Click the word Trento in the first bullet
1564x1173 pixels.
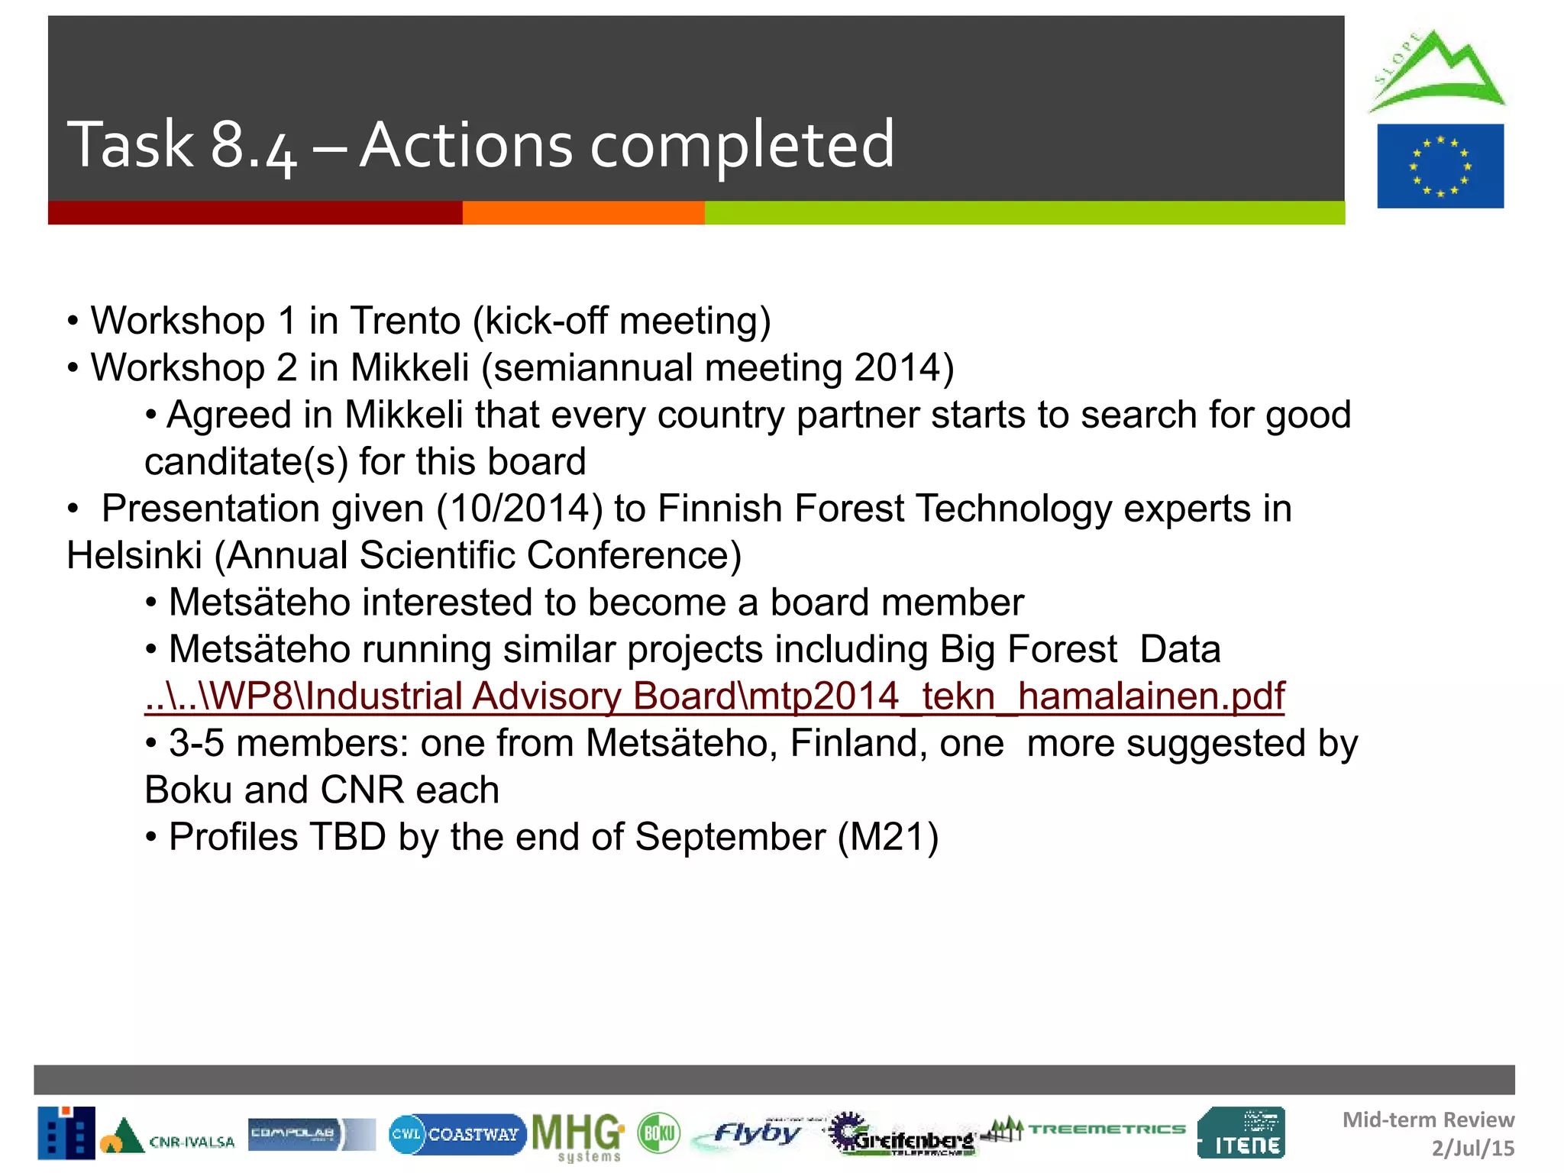click(x=405, y=321)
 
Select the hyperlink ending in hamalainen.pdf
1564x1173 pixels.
click(x=714, y=696)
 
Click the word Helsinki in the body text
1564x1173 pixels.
click(x=134, y=555)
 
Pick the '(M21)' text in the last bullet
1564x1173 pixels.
click(x=888, y=837)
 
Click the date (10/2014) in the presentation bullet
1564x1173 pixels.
click(x=519, y=509)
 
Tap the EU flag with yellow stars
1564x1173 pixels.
click(x=1440, y=166)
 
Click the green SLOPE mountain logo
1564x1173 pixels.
click(x=1436, y=73)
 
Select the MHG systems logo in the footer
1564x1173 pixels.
click(x=578, y=1136)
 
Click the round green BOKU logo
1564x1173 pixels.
click(x=658, y=1133)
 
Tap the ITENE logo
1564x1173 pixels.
click(x=1241, y=1133)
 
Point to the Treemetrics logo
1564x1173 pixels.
click(x=1088, y=1129)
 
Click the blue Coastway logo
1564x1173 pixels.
click(x=457, y=1134)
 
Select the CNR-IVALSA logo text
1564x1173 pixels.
click(x=191, y=1142)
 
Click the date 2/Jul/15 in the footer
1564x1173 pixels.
click(x=1472, y=1149)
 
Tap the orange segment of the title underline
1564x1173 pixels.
click(x=583, y=213)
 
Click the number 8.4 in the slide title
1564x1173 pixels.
click(x=253, y=145)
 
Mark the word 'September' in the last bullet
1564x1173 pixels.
click(x=729, y=837)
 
